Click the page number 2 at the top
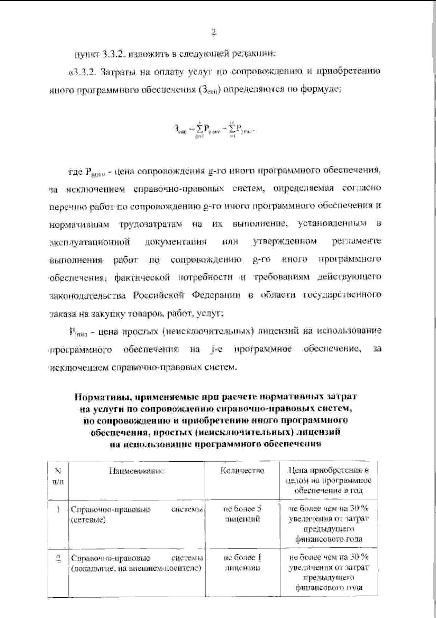[214, 32]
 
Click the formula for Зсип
[214, 129]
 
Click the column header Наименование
[137, 471]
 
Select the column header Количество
[242, 471]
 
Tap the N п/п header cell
[58, 475]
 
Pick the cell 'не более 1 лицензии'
[242, 562]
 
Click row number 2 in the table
[58, 558]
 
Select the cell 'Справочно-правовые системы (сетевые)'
[136, 514]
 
